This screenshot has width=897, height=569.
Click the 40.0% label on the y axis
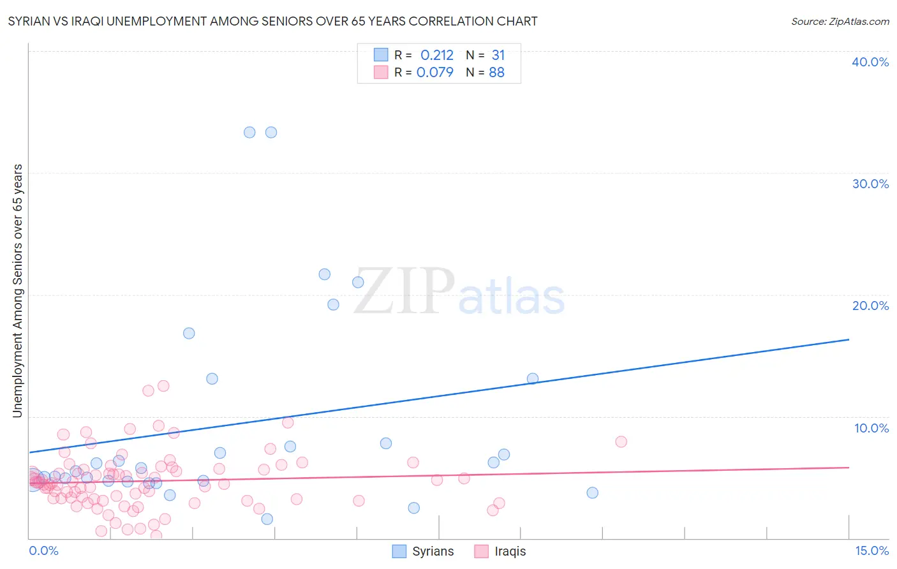pyautogui.click(x=870, y=62)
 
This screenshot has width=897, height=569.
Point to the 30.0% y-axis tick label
pyautogui.click(x=870, y=184)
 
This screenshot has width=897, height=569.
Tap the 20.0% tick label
pyautogui.click(x=870, y=306)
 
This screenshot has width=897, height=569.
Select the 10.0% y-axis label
pyautogui.click(x=871, y=428)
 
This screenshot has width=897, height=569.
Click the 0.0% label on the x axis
pyautogui.click(x=43, y=551)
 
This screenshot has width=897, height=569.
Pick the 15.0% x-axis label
pyautogui.click(x=871, y=551)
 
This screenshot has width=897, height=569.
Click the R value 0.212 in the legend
pyautogui.click(x=436, y=55)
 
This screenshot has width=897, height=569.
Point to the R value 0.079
pyautogui.click(x=434, y=73)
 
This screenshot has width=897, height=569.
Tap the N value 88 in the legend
pyautogui.click(x=496, y=73)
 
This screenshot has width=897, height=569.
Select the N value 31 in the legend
pyautogui.click(x=498, y=55)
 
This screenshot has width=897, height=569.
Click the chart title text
pyautogui.click(x=272, y=21)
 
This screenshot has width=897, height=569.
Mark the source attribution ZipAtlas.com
pyautogui.click(x=840, y=21)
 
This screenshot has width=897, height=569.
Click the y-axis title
pyautogui.click(x=17, y=291)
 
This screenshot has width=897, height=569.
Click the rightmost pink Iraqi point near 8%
pyautogui.click(x=621, y=441)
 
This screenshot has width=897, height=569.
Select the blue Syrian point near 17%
pyautogui.click(x=189, y=333)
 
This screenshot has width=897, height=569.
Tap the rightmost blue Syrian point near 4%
pyautogui.click(x=592, y=492)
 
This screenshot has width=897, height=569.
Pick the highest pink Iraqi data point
pyautogui.click(x=163, y=386)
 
